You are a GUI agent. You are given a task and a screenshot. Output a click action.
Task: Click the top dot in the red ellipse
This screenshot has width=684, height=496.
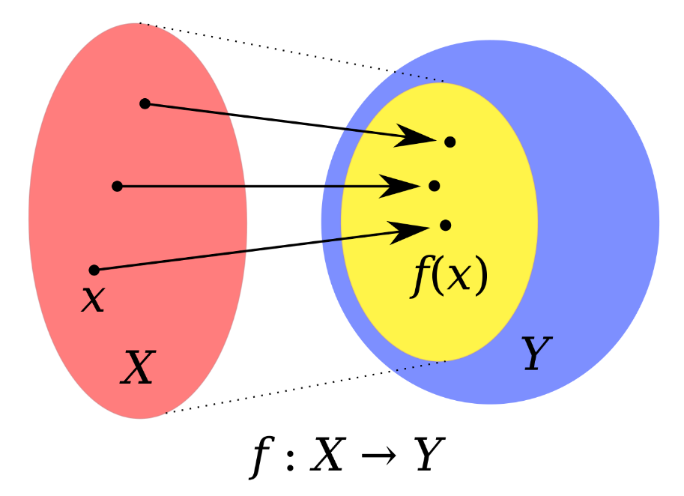(145, 103)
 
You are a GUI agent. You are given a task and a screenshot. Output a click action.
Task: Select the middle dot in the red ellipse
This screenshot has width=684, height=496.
(117, 186)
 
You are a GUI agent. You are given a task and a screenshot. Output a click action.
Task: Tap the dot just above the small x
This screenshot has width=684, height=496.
(94, 270)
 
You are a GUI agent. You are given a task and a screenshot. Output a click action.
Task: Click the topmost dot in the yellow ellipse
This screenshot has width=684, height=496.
(450, 142)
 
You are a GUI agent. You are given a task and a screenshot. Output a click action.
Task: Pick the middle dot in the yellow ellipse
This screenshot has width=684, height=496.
(434, 186)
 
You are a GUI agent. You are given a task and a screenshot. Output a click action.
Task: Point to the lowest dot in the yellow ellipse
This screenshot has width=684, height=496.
(446, 225)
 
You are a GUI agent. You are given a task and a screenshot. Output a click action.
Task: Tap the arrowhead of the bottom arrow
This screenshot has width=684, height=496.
(409, 229)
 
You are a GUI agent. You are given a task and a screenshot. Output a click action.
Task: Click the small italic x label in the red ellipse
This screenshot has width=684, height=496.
(92, 299)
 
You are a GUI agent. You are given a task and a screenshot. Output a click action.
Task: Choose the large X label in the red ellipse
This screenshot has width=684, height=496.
(138, 368)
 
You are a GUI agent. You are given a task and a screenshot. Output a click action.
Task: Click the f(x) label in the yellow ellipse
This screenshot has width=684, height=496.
(450, 277)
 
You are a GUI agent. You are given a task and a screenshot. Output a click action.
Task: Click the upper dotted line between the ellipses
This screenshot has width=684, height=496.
(292, 52)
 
